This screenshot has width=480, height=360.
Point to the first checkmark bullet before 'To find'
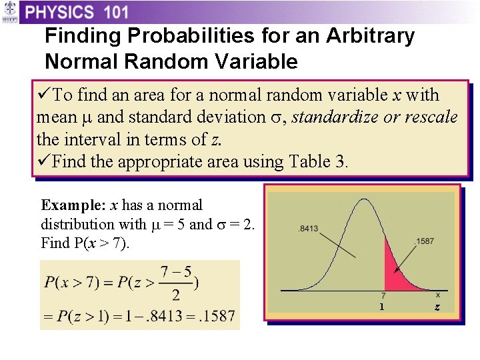[x=45, y=95]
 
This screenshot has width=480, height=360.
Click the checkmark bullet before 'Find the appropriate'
[x=45, y=161]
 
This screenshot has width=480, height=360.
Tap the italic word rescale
[x=433, y=117]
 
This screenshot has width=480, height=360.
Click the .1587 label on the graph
[x=426, y=241]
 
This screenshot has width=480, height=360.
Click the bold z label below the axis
[x=437, y=307]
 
